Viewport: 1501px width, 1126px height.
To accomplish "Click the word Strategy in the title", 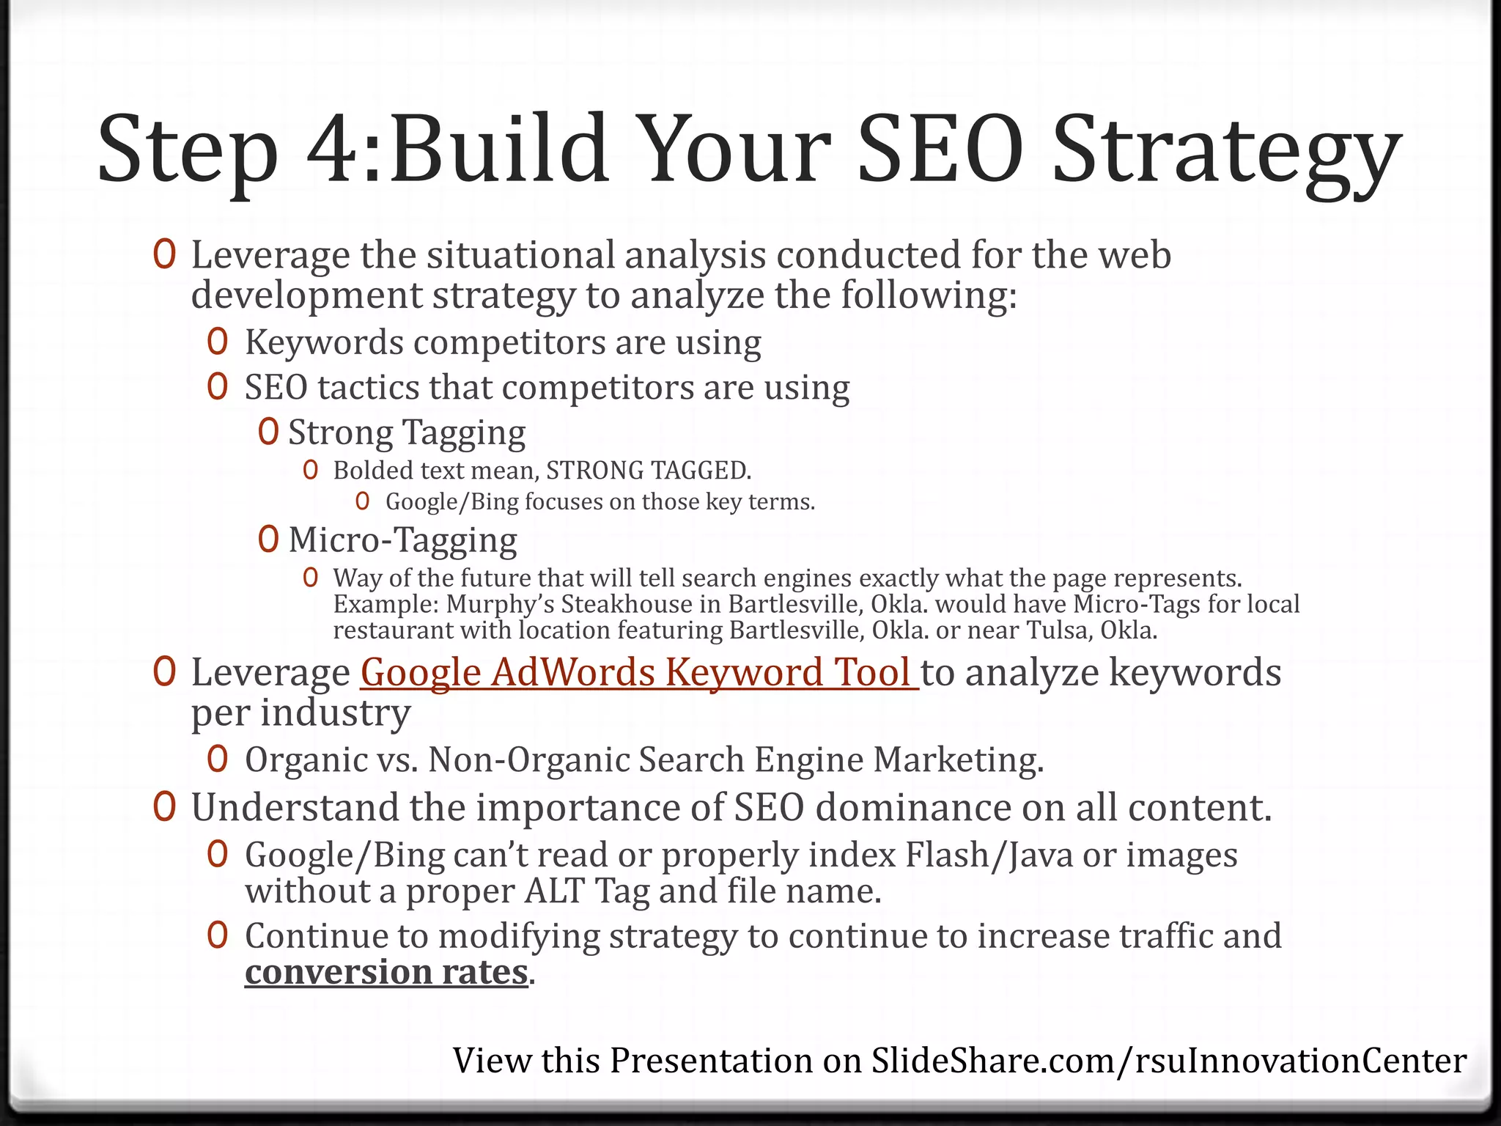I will click(1225, 152).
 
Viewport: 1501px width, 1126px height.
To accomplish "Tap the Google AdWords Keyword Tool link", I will click(638, 672).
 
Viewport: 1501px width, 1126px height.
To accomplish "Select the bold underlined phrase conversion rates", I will click(386, 972).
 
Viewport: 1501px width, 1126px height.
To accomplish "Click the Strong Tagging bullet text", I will click(407, 433).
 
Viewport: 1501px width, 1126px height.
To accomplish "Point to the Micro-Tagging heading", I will click(402, 540).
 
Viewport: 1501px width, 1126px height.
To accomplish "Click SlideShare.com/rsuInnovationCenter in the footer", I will click(1168, 1061).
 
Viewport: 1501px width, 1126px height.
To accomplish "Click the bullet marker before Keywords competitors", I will click(217, 342).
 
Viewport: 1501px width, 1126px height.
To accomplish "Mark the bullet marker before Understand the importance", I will click(164, 807).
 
